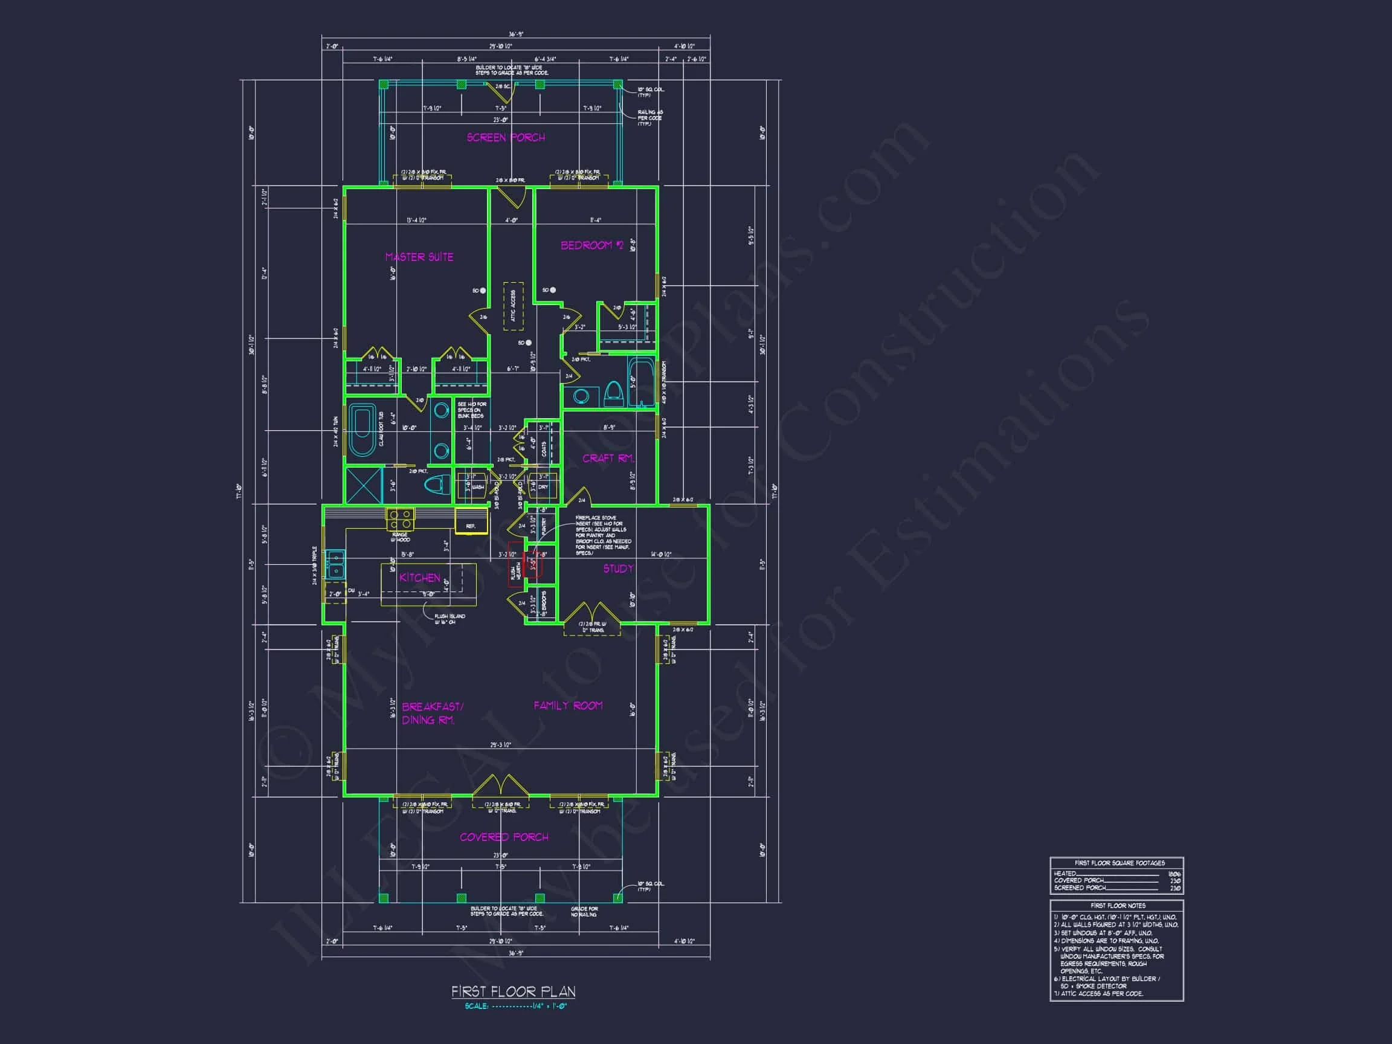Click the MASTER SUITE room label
coord(419,257)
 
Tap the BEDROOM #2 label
coord(591,245)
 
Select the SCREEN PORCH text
coord(506,137)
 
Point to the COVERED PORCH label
coord(503,837)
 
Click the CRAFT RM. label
coord(608,458)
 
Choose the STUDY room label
coord(618,569)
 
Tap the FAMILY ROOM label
coord(568,706)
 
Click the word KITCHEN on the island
coord(420,578)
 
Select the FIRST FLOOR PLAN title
coord(513,992)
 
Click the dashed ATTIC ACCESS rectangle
coord(513,306)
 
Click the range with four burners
coord(399,520)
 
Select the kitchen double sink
coord(334,564)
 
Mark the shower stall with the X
coord(364,485)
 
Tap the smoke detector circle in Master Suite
coord(483,291)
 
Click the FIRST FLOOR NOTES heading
coord(1118,906)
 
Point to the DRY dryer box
coord(543,487)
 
